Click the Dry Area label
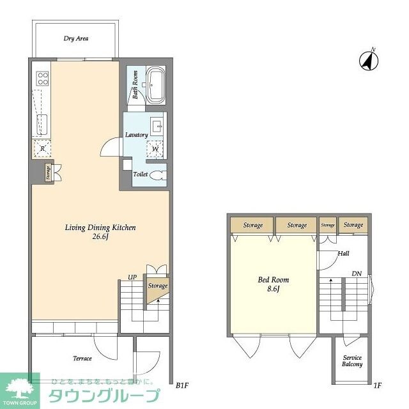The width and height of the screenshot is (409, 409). tap(75, 39)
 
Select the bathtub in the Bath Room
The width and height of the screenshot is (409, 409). tap(155, 84)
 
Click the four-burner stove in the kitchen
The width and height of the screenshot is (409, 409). tap(43, 78)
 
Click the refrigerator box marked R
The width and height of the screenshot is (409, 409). tap(42, 148)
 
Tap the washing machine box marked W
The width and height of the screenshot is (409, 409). tap(156, 148)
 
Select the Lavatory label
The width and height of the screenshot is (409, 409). tap(137, 135)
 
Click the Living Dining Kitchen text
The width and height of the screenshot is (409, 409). tap(101, 228)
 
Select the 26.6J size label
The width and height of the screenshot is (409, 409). tap(101, 238)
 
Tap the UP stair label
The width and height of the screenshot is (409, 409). tap(132, 277)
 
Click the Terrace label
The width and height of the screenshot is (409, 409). tap(82, 359)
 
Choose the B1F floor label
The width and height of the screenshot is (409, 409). tap(181, 385)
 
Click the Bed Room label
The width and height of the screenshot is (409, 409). tap(274, 280)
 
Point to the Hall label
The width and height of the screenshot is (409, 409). tap(343, 254)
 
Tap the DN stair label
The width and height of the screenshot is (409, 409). tap(357, 274)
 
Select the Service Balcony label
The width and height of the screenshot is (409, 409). tap(352, 361)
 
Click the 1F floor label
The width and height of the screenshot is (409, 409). tap(377, 385)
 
